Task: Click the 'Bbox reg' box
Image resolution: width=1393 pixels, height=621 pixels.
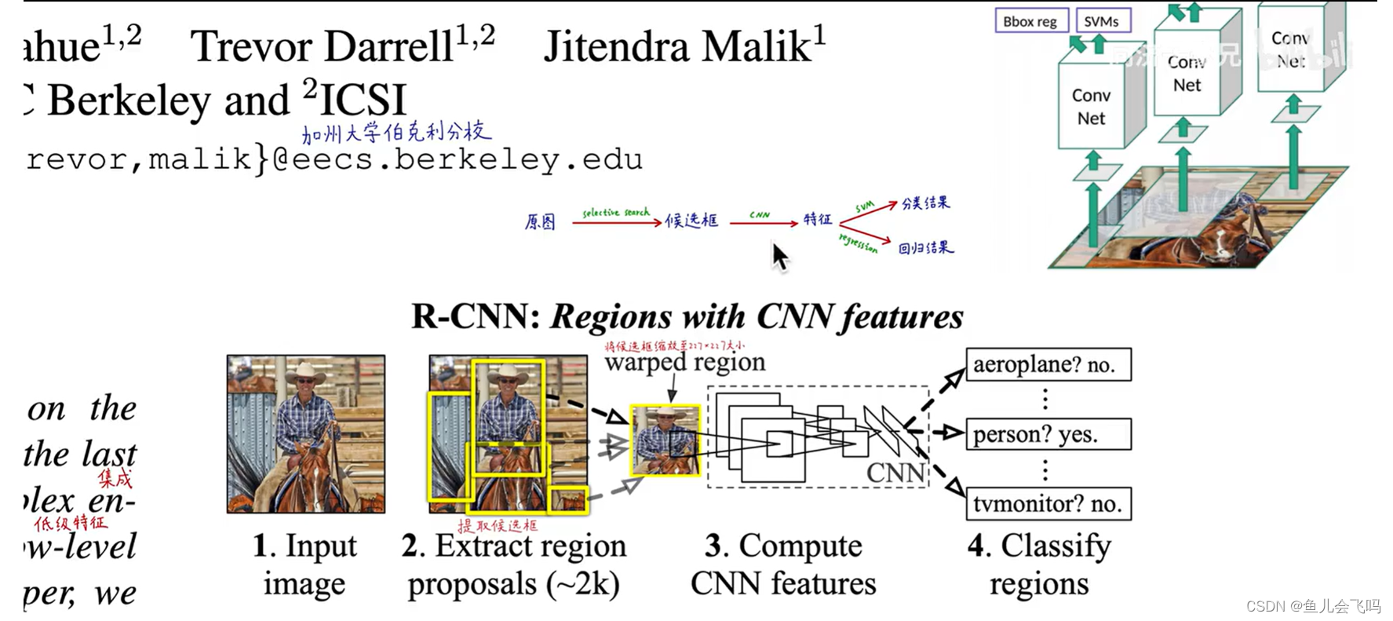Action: tap(1030, 21)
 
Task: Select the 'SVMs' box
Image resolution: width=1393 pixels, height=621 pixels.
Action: tap(1101, 21)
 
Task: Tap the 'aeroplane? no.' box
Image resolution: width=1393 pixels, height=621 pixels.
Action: tap(1048, 364)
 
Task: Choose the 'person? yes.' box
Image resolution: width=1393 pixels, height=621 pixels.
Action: tap(1048, 434)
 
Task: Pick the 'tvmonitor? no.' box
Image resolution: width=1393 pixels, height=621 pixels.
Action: tap(1048, 504)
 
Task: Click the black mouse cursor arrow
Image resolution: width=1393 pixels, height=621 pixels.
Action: tap(779, 256)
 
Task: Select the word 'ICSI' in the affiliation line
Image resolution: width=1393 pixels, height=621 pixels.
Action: tap(363, 100)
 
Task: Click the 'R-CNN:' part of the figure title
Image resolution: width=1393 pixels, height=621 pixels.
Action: tap(476, 317)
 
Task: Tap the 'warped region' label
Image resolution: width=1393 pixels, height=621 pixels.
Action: tap(684, 362)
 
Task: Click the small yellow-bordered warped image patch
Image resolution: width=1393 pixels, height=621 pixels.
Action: tap(666, 440)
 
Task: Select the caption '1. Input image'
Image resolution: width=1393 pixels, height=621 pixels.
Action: tap(305, 564)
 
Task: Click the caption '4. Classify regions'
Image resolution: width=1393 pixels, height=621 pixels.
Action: tap(1039, 564)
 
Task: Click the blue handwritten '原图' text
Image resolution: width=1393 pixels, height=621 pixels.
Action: tap(540, 222)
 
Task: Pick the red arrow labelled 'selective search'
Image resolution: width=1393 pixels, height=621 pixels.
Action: tap(616, 223)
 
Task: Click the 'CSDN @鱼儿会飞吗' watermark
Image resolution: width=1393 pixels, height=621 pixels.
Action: tap(1312, 606)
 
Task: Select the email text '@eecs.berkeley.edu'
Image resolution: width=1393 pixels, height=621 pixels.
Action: tap(457, 160)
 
